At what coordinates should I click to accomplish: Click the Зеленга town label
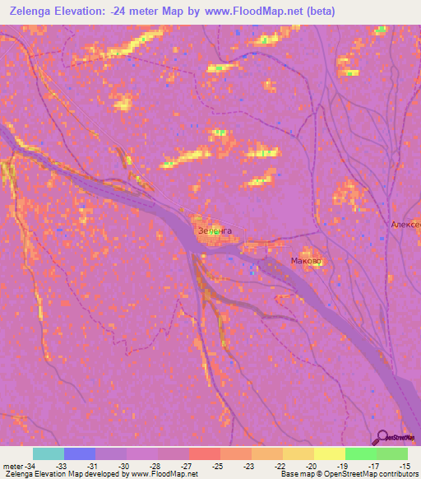pyautogui.click(x=215, y=231)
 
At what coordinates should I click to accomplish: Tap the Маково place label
pyautogui.click(x=307, y=261)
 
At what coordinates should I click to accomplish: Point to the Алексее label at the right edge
pyautogui.click(x=406, y=225)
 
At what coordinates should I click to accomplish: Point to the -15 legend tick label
pyautogui.click(x=406, y=465)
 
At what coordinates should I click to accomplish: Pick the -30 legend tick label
pyautogui.click(x=126, y=465)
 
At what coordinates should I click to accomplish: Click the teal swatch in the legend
pyautogui.click(x=49, y=453)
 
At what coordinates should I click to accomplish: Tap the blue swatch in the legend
pyautogui.click(x=80, y=453)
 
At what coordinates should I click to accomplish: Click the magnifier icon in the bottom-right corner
pyautogui.click(x=382, y=435)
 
